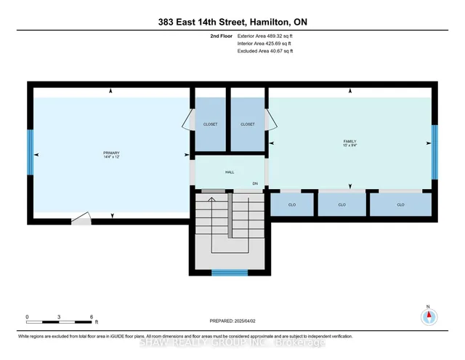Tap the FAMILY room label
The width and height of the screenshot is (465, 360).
pyautogui.click(x=349, y=140)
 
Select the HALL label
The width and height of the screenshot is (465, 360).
pyautogui.click(x=229, y=172)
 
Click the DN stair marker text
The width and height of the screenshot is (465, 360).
pyautogui.click(x=255, y=183)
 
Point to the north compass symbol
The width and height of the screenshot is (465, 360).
pyautogui.click(x=428, y=316)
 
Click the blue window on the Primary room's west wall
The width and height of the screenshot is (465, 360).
pyautogui.click(x=31, y=152)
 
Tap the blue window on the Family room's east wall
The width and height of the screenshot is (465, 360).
pyautogui.click(x=434, y=151)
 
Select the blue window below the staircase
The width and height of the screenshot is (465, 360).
pyautogui.click(x=229, y=273)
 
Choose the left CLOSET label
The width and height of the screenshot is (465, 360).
pyautogui.click(x=210, y=124)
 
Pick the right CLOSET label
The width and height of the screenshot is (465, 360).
pyautogui.click(x=248, y=124)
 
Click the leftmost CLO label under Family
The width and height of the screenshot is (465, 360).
pyautogui.click(x=292, y=205)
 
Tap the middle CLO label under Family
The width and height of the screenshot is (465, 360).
pyautogui.click(x=341, y=205)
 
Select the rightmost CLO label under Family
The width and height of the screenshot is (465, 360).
pyautogui.click(x=400, y=205)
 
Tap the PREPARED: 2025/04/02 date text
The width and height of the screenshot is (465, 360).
pyautogui.click(x=232, y=320)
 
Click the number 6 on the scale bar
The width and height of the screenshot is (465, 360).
pyautogui.click(x=92, y=316)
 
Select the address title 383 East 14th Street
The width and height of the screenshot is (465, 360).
pyautogui.click(x=232, y=20)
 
